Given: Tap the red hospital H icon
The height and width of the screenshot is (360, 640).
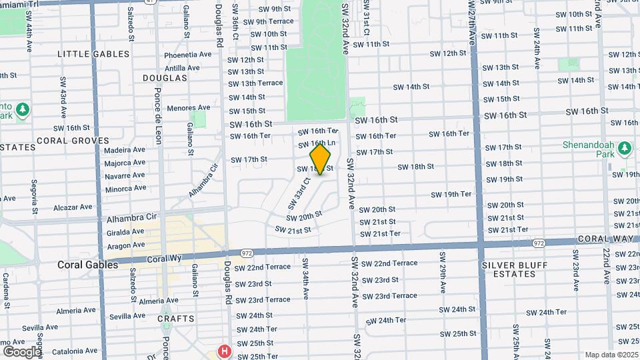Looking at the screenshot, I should (x=225, y=351).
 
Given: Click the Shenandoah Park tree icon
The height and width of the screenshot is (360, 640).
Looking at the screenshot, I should (x=625, y=147).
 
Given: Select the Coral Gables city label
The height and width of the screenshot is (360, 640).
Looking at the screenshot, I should (x=79, y=265).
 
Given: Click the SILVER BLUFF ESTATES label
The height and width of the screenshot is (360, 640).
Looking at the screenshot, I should (x=518, y=270).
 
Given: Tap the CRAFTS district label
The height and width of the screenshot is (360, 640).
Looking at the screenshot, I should (x=175, y=319).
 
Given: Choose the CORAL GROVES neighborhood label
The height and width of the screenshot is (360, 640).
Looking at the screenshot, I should (x=73, y=141).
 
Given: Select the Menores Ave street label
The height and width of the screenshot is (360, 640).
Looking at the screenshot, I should (x=189, y=107).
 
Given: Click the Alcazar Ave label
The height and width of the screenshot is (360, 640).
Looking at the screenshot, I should (x=72, y=207).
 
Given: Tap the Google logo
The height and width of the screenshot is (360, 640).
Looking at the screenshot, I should (x=22, y=351).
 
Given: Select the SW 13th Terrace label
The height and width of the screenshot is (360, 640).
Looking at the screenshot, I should (x=256, y=83).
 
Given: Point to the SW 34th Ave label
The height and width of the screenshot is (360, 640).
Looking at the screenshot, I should (x=305, y=279).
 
